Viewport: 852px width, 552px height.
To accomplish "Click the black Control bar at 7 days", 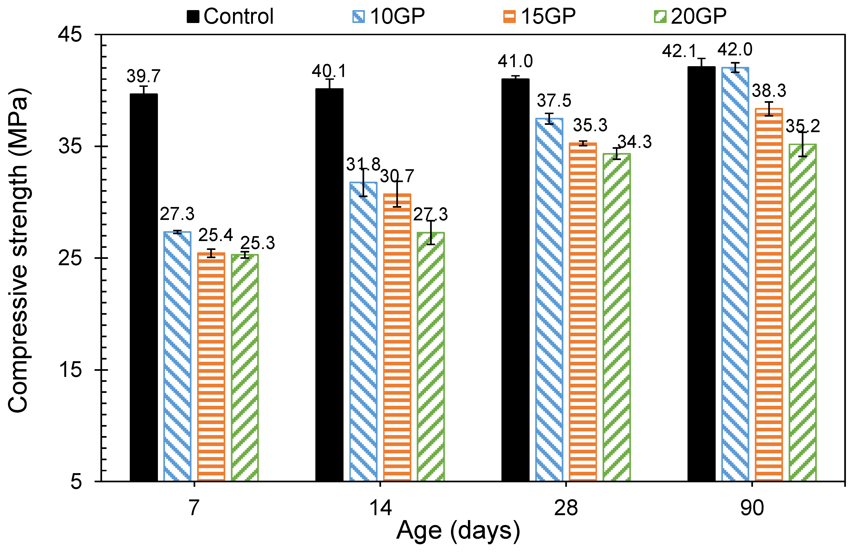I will pos(144,286).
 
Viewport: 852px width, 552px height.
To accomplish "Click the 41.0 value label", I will pos(515,61).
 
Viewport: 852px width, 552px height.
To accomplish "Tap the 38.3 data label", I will pos(769,91).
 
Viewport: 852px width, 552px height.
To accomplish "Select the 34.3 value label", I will pos(635,142).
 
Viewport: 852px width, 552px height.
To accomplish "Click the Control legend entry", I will pos(231,16).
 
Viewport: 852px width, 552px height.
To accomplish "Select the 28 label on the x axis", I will pos(565,508).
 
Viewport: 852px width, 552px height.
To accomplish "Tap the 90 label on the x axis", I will pos(752,508).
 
